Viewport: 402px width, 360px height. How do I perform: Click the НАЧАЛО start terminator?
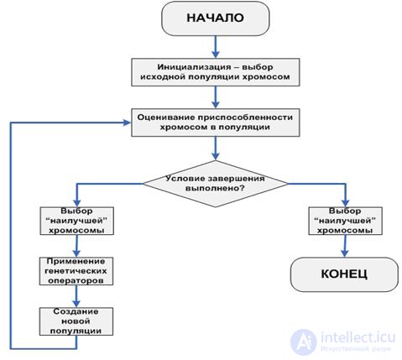216,18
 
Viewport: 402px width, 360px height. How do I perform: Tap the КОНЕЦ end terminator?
344,274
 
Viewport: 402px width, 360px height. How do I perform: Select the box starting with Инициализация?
216,72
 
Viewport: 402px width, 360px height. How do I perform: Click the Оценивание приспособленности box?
216,123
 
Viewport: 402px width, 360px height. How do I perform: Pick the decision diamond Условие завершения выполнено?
216,184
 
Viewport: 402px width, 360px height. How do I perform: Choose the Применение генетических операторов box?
76,271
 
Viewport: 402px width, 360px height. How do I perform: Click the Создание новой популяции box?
76,321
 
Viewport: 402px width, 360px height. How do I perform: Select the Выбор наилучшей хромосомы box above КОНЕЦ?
345,221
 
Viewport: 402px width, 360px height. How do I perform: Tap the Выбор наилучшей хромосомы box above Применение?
76,221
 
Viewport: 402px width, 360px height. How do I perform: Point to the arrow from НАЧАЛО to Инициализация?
216,47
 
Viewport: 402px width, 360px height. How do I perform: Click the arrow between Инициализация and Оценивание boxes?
216,97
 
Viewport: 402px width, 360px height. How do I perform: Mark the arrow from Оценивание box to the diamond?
216,149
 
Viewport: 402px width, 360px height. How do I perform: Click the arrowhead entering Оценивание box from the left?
127,123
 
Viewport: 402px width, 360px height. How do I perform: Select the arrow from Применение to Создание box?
76,296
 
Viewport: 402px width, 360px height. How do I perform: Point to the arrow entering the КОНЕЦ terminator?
345,246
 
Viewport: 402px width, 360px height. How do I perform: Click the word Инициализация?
195,67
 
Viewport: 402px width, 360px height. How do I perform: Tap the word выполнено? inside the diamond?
215,188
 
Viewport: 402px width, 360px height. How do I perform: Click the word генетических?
76,271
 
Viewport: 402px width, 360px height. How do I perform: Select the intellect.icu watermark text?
358,337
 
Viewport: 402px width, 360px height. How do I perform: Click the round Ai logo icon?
304,342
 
